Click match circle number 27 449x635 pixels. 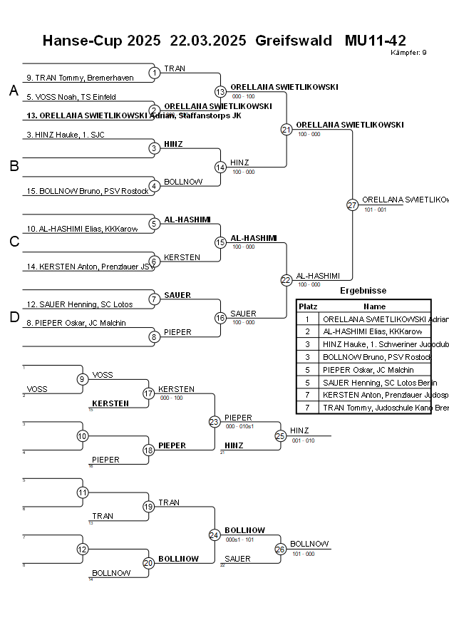(x=352, y=205)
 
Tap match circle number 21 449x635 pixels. (x=287, y=129)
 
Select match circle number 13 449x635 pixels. (x=220, y=91)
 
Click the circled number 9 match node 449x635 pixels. (x=83, y=379)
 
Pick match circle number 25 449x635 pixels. (x=280, y=435)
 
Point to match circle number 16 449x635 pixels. (x=220, y=318)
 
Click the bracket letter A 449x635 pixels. (x=14, y=91)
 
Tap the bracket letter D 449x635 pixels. (x=14, y=318)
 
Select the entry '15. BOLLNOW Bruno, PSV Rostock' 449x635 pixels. (x=78, y=191)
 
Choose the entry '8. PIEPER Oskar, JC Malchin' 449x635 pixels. (x=76, y=323)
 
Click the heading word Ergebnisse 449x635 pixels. (x=363, y=291)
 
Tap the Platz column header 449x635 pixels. (x=308, y=306)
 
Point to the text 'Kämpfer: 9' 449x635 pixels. (x=408, y=52)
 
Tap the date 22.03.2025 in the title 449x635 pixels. (x=208, y=40)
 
